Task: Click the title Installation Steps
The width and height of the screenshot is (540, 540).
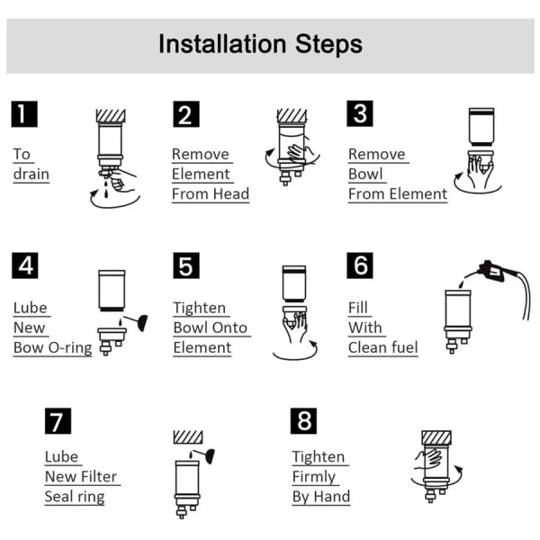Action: point(260,44)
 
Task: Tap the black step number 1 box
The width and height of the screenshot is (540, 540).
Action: point(24,114)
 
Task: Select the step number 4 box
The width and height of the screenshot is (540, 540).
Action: point(25,265)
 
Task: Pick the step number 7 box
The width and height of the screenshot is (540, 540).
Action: point(58,421)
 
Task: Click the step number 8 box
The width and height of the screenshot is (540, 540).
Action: point(303,421)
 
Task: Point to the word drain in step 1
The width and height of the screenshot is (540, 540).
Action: point(31,174)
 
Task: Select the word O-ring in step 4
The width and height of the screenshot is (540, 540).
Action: point(70,347)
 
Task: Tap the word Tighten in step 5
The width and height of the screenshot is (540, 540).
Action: point(200,308)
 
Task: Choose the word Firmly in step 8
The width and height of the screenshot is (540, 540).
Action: point(314,477)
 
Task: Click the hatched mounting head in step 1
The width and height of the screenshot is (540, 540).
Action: point(111,116)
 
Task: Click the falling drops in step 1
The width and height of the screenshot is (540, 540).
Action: point(106,188)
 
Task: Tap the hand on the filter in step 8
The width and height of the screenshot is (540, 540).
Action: point(428,459)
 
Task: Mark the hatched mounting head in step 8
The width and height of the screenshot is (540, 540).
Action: point(436,437)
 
